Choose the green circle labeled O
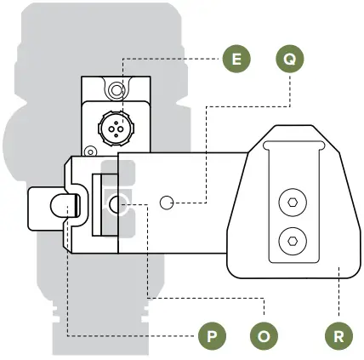pyautogui.click(x=264, y=334)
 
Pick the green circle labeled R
pyautogui.click(x=338, y=334)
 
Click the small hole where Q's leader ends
pyautogui.click(x=168, y=203)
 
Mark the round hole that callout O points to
pyautogui.click(x=119, y=203)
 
